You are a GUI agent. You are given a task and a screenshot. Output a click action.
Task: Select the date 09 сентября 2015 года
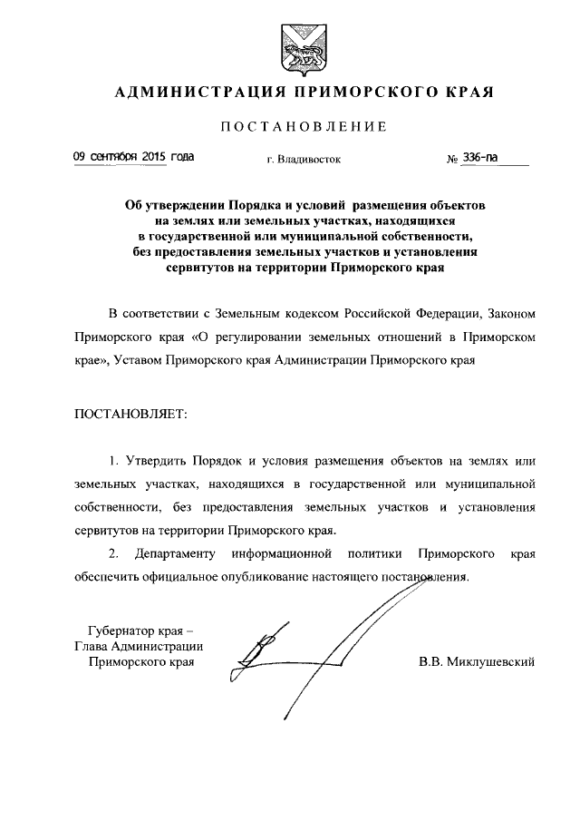click(x=133, y=157)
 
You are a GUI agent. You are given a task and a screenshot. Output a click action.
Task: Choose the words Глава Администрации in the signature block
click(x=138, y=646)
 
